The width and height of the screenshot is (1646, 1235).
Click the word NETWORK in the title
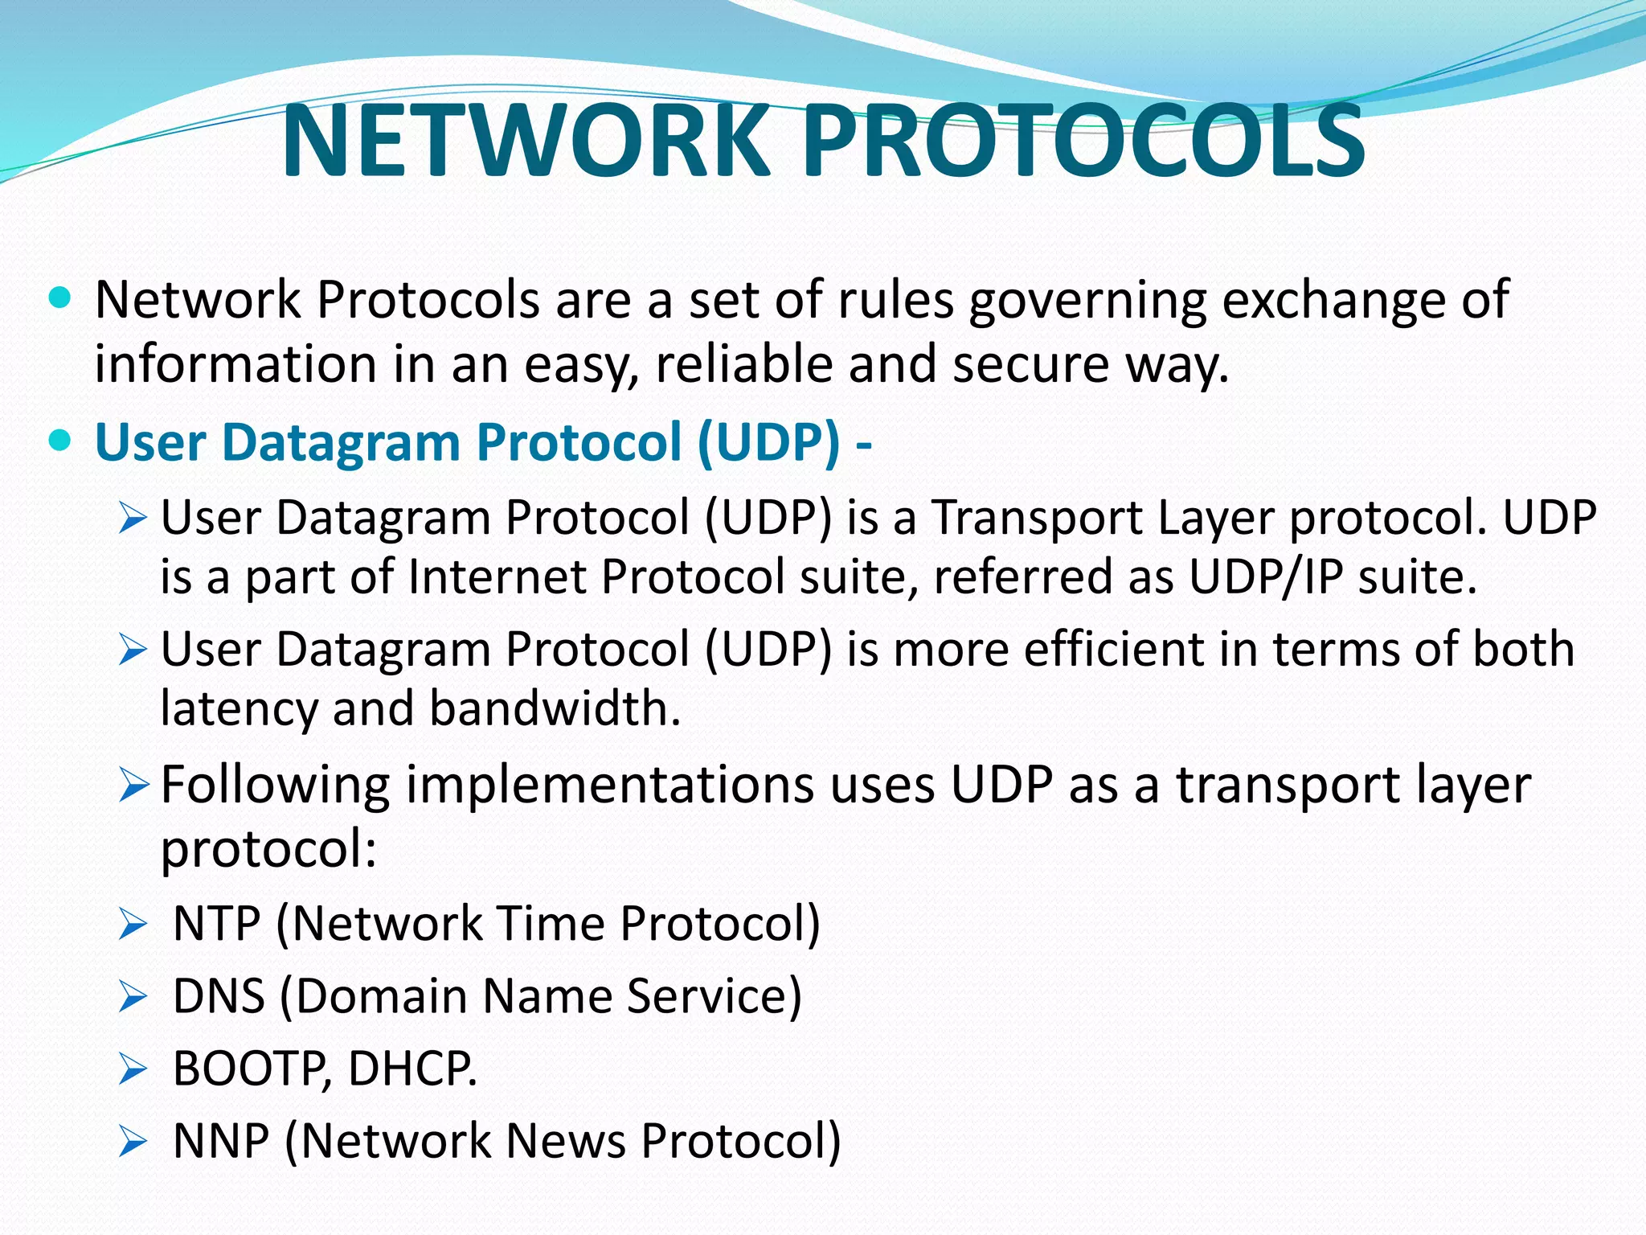[526, 142]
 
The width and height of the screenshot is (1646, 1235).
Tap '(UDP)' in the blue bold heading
[768, 442]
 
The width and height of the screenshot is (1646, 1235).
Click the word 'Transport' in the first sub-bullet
[1037, 517]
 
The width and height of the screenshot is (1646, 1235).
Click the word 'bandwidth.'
[555, 709]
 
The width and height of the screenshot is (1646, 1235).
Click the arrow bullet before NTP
[132, 925]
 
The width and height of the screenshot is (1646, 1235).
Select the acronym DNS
[219, 996]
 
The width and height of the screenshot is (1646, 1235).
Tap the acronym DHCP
[412, 1069]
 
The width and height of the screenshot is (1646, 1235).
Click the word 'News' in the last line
[566, 1141]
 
